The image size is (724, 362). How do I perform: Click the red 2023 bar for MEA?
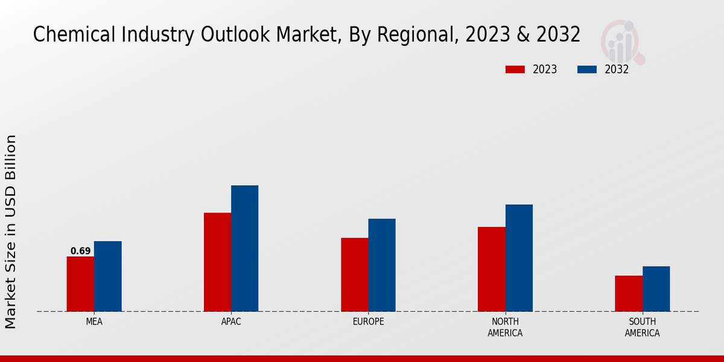click(80, 284)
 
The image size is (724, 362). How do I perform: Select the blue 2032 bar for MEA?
click(107, 276)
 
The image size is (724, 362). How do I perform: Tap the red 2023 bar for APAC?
click(217, 262)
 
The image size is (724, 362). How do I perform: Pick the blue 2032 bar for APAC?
click(244, 248)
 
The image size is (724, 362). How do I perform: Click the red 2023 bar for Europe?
click(354, 275)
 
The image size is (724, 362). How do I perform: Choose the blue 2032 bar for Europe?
click(382, 265)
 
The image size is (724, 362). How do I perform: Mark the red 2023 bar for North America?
click(491, 269)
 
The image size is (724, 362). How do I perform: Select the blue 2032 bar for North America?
click(519, 258)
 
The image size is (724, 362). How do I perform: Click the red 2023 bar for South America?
click(628, 293)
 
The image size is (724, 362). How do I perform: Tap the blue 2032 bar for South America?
click(656, 288)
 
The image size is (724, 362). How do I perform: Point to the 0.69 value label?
click(80, 251)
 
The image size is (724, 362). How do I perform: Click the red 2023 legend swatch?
click(515, 69)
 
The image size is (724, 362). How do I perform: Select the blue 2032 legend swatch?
click(587, 69)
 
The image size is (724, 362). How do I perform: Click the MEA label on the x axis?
click(94, 322)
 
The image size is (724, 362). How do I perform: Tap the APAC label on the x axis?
click(231, 322)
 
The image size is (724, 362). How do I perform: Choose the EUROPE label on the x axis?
click(368, 322)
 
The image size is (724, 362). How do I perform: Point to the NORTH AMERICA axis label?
click(505, 327)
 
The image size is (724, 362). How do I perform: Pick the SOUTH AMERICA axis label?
click(642, 327)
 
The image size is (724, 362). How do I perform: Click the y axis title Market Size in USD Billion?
click(11, 232)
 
